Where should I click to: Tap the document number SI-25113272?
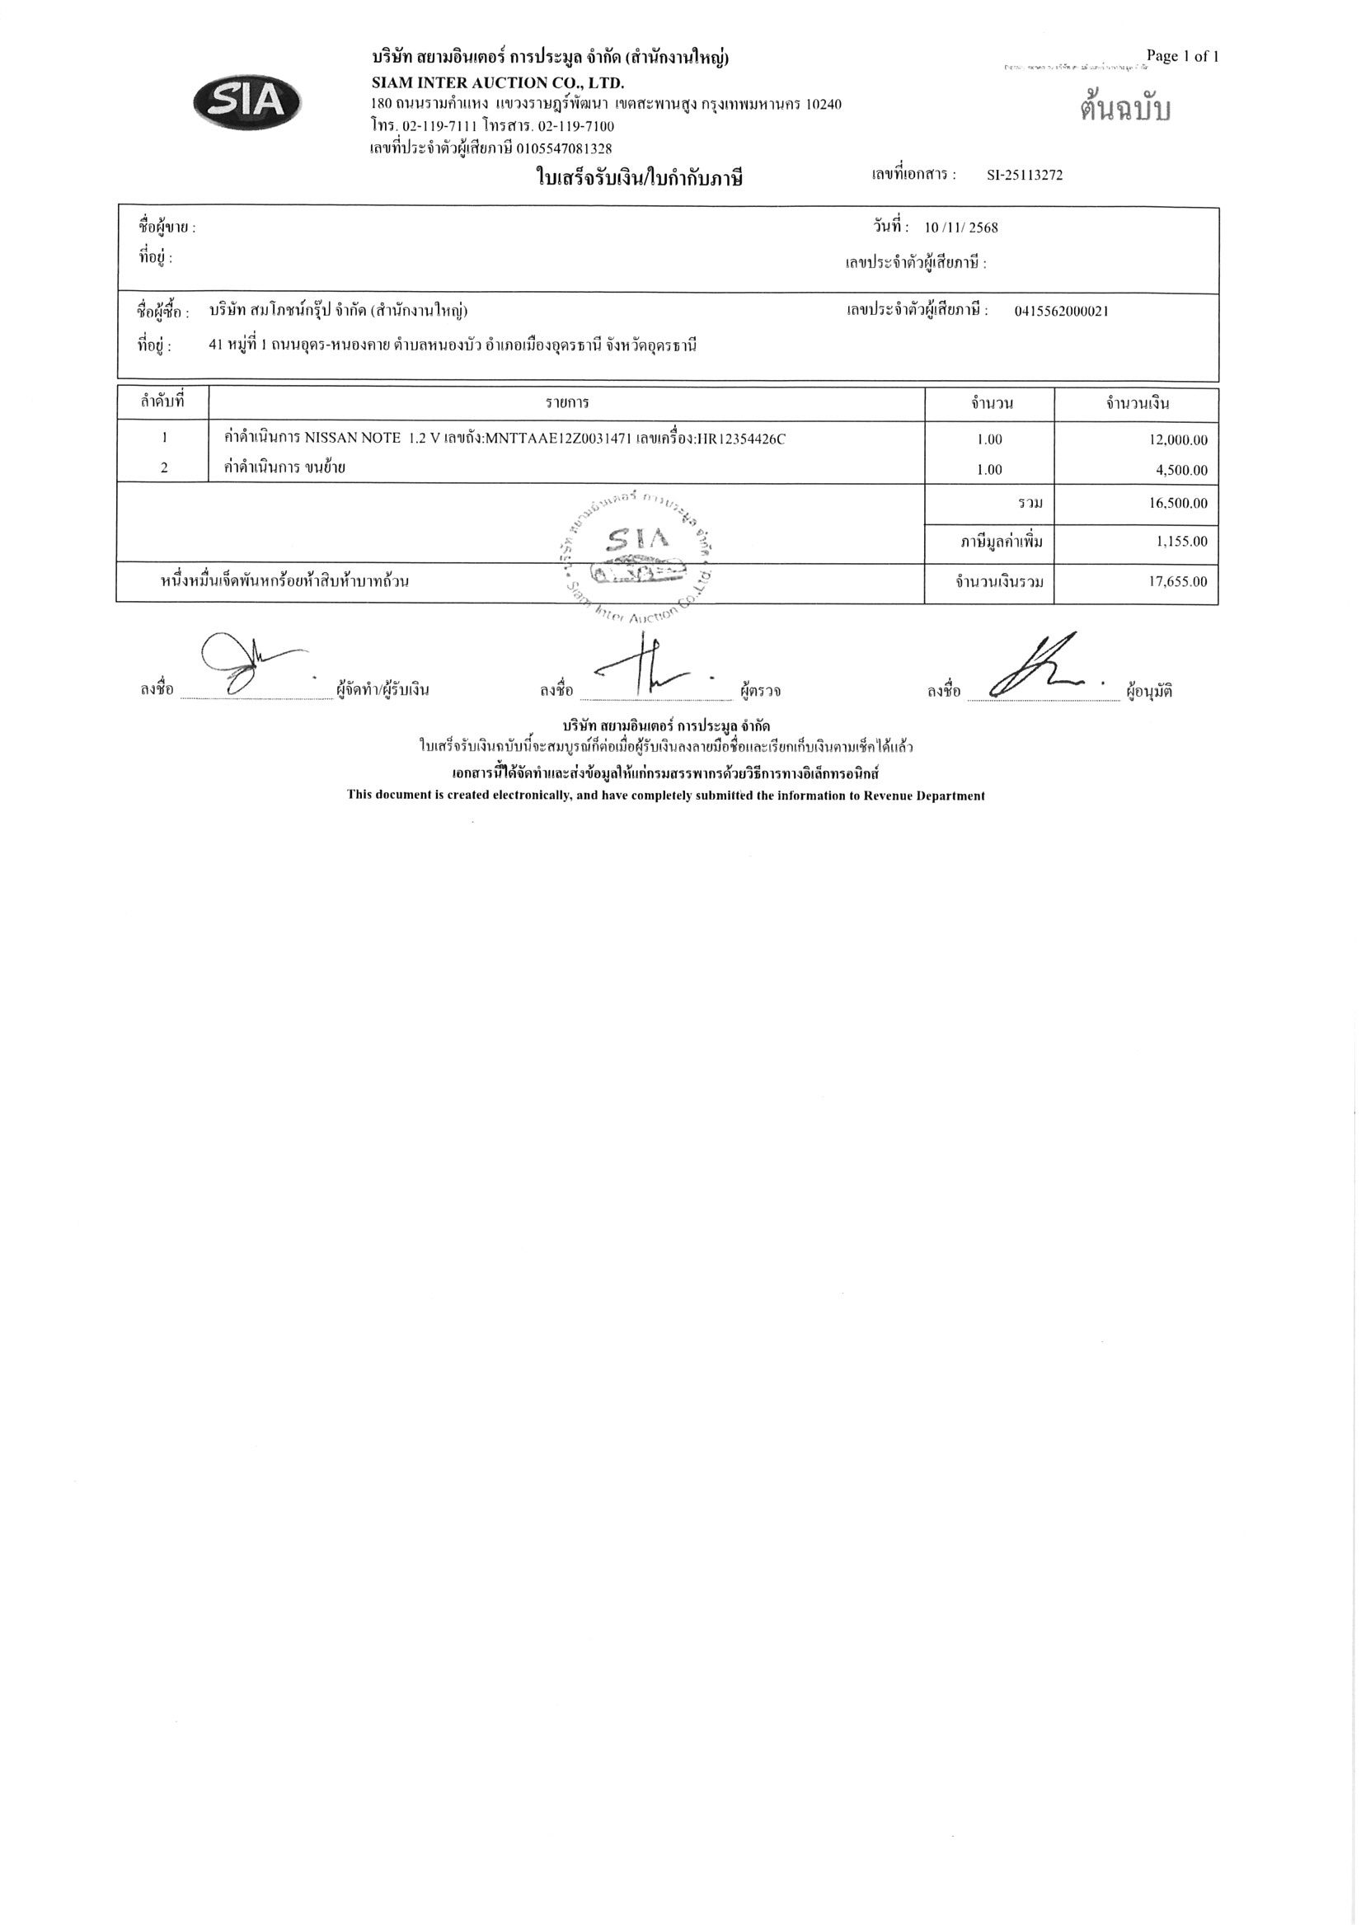click(1025, 176)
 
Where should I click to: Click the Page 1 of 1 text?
click(1181, 56)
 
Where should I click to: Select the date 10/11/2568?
click(961, 228)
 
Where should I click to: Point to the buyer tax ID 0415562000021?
click(1061, 311)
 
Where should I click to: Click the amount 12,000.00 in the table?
click(1178, 439)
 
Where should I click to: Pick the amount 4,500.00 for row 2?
click(1183, 470)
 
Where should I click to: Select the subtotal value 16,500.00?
click(1178, 503)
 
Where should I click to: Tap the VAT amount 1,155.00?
click(1183, 541)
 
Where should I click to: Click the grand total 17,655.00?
click(1178, 581)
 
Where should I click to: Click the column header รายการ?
click(567, 403)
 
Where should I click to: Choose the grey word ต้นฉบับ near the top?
click(1124, 110)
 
